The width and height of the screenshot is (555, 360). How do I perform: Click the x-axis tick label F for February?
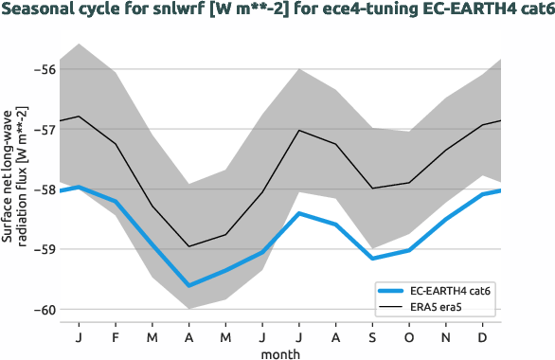click(115, 336)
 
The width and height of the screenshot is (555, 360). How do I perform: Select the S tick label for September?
click(373, 336)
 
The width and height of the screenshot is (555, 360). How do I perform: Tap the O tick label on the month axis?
click(410, 336)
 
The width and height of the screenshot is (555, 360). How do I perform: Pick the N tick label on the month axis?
click(447, 336)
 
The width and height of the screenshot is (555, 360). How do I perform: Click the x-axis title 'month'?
click(281, 352)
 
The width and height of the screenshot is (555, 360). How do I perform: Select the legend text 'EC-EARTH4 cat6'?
click(456, 291)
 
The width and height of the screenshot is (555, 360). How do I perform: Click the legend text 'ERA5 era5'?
click(440, 307)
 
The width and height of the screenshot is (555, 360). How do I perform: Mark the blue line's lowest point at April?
click(188, 285)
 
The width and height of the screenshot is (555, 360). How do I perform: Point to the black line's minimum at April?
click(188, 246)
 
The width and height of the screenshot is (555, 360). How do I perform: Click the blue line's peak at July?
click(299, 213)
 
